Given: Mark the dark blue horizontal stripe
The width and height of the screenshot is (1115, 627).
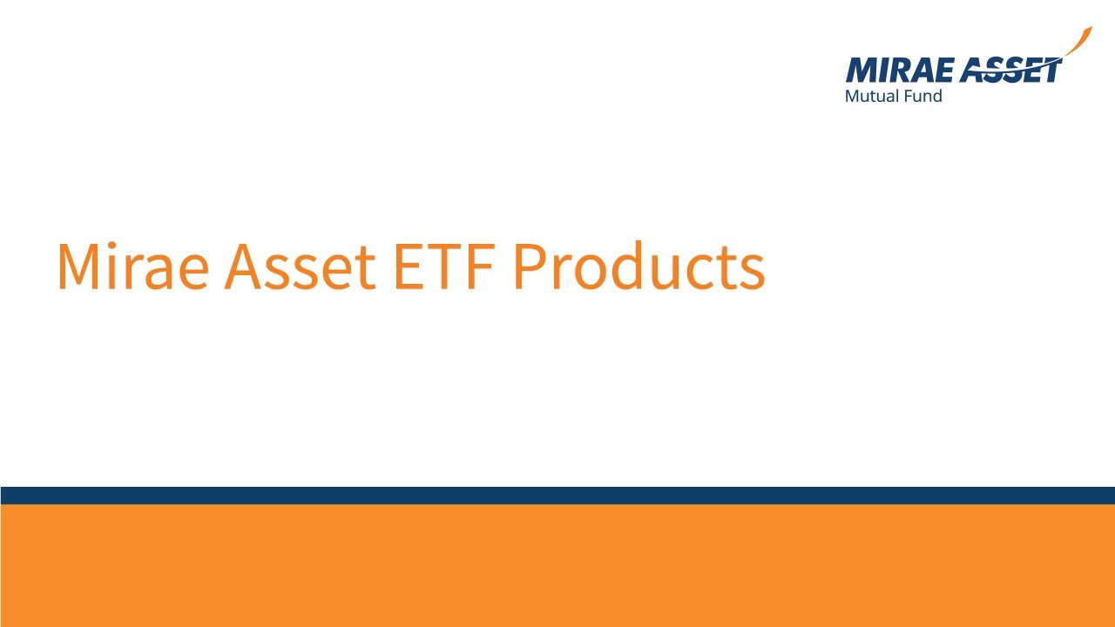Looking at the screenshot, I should click(x=557, y=496).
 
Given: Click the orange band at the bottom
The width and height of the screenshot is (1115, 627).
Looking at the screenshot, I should click(x=557, y=566).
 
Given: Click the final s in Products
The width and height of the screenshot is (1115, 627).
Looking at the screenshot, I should click(x=753, y=272).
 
